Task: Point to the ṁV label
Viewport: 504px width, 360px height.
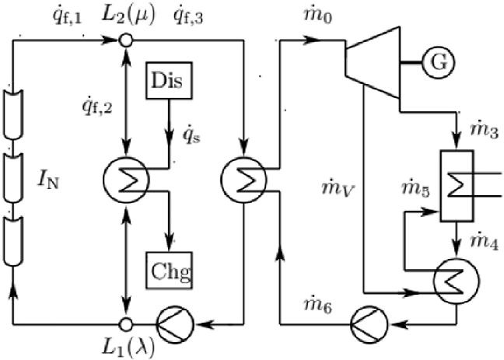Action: click(x=335, y=187)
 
